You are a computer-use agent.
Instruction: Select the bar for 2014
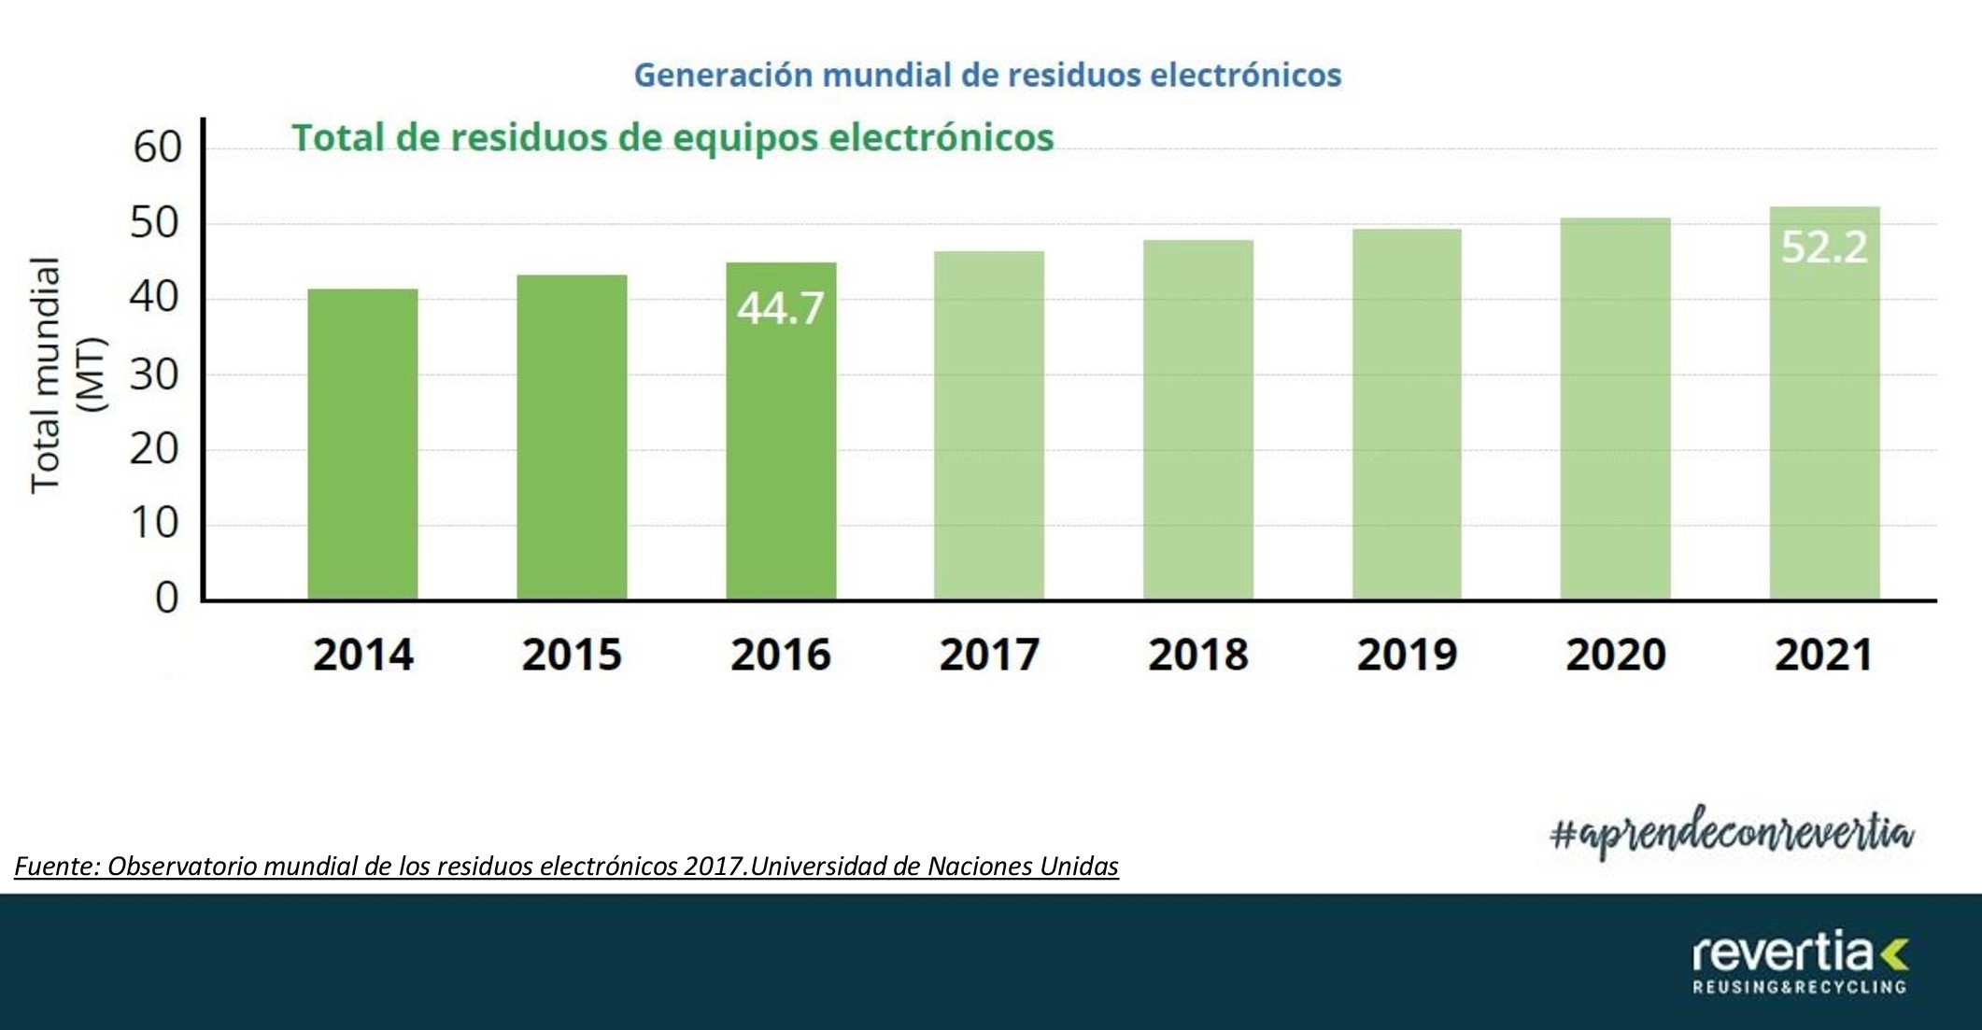[362, 444]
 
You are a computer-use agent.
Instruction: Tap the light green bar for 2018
[1198, 420]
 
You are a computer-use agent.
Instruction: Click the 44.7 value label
[780, 308]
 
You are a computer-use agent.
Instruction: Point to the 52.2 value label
[1824, 247]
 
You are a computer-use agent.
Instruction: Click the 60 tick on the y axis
[157, 148]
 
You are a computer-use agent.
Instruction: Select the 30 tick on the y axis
[155, 374]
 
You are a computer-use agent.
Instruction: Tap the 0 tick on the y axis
[166, 598]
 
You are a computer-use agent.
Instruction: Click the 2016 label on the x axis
[780, 655]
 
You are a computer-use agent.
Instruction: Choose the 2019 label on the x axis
[1407, 655]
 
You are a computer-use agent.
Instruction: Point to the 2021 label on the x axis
[1823, 655]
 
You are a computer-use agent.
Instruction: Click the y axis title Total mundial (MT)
[67, 374]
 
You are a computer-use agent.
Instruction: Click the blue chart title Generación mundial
[987, 75]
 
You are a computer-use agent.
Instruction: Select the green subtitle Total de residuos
[672, 137]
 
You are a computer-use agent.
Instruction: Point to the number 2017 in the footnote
[714, 867]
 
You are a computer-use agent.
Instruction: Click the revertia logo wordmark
[1781, 952]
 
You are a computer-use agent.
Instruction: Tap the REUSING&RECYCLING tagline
[1799, 987]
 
